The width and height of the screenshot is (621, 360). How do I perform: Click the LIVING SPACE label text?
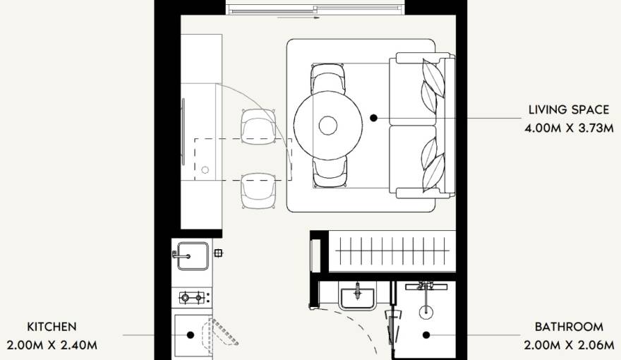pyautogui.click(x=569, y=109)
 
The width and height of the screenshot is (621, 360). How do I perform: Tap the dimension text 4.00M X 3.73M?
pyautogui.click(x=569, y=128)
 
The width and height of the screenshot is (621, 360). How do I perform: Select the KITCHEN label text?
pyautogui.click(x=52, y=327)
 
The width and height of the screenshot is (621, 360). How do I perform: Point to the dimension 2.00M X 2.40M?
pyautogui.click(x=52, y=345)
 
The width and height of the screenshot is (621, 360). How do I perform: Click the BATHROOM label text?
pyautogui.click(x=569, y=327)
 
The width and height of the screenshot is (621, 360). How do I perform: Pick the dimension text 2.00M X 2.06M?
pyautogui.click(x=569, y=345)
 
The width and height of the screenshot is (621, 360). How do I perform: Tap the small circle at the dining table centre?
pyautogui.click(x=328, y=126)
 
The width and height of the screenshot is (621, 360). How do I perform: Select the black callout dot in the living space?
pyautogui.click(x=373, y=118)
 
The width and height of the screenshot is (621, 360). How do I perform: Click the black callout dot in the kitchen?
pyautogui.click(x=191, y=335)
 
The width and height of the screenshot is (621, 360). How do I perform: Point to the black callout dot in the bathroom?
pyautogui.click(x=426, y=335)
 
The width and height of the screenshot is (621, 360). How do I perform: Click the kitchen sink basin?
pyautogui.click(x=193, y=256)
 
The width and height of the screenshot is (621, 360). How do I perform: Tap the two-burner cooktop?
pyautogui.click(x=192, y=297)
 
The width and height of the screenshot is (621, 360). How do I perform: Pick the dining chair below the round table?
pyautogui.click(x=329, y=172)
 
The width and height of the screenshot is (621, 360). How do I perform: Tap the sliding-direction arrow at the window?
pyautogui.click(x=299, y=18)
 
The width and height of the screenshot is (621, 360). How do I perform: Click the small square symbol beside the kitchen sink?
pyautogui.click(x=218, y=253)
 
